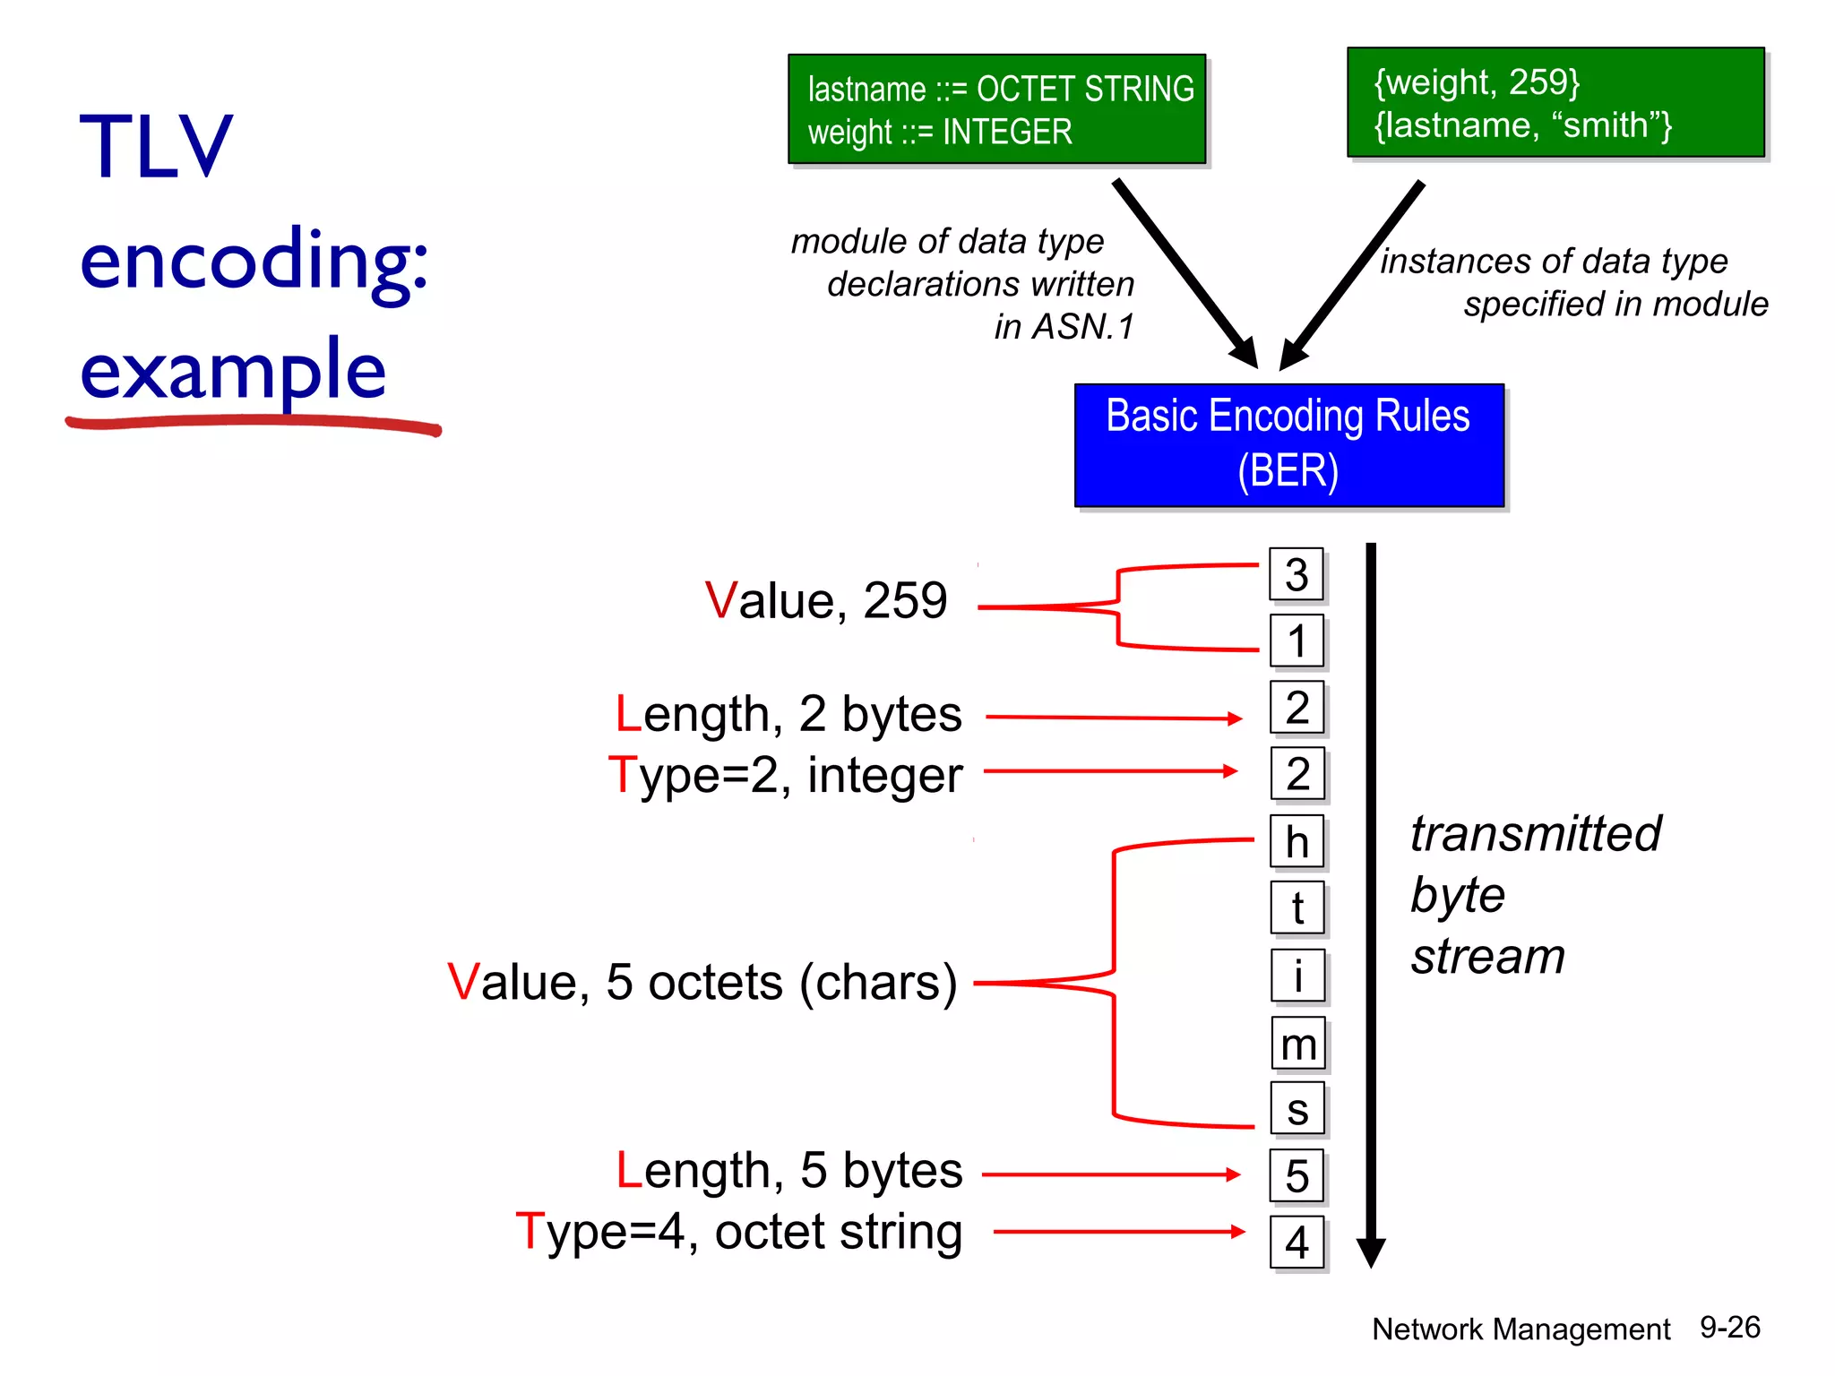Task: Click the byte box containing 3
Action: tap(1297, 574)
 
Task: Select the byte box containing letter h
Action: tap(1297, 842)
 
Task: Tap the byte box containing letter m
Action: tap(1298, 1044)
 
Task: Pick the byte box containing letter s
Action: tap(1297, 1109)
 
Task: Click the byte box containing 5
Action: tap(1297, 1176)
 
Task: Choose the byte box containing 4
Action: tap(1297, 1243)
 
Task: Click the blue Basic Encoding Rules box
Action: tap(1288, 445)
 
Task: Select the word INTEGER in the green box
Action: tap(1007, 133)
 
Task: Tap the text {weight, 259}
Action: tap(1477, 82)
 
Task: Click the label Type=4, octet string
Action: tap(739, 1232)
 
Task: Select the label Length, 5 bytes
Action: tap(788, 1171)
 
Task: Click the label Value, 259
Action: tap(825, 600)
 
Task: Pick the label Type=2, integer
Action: tap(785, 775)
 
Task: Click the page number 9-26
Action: tap(1729, 1328)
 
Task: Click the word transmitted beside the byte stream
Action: tap(1535, 834)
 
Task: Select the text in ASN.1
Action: tap(1064, 327)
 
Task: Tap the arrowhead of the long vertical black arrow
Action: tap(1371, 1251)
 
